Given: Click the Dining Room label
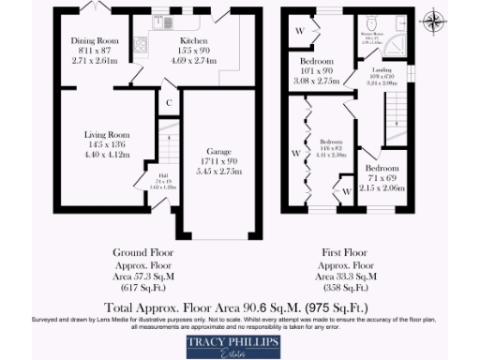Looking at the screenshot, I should (x=93, y=41).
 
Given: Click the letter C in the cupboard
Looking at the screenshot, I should (x=169, y=102).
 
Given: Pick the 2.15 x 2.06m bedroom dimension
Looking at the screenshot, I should (x=382, y=188).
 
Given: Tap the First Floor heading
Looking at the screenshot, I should (x=340, y=253).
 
